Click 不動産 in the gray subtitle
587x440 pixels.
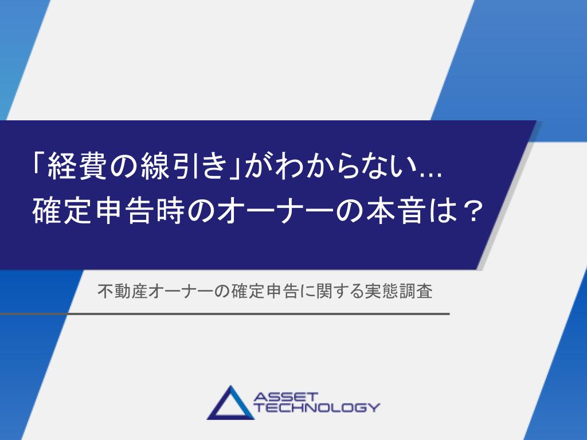[123, 291]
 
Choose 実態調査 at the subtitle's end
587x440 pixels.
[399, 291]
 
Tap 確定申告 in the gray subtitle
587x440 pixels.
[265, 291]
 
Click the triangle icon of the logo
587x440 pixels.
[230, 403]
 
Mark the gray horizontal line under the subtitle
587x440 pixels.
[225, 314]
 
